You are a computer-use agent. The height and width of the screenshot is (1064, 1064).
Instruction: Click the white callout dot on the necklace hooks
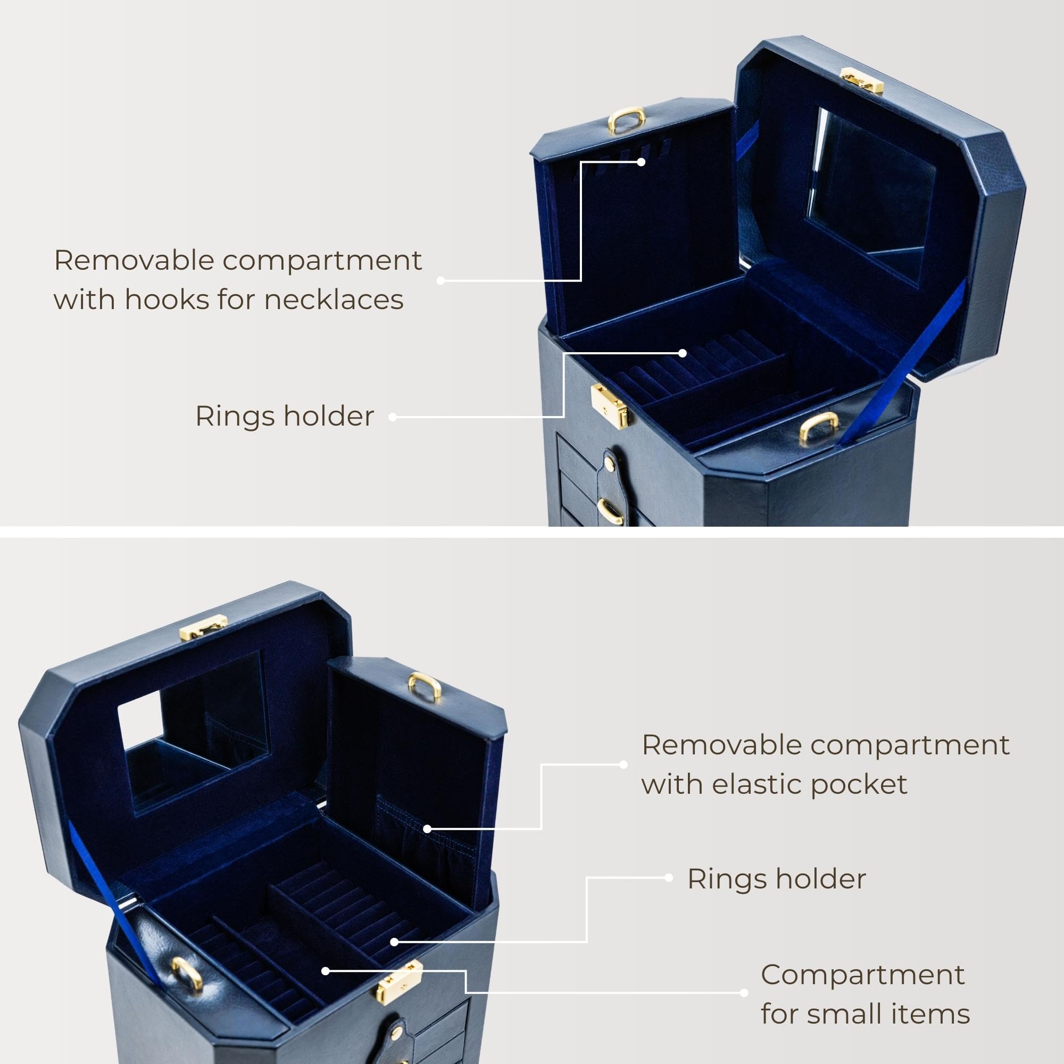click(641, 162)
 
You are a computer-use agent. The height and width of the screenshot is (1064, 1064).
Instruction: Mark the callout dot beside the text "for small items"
click(744, 993)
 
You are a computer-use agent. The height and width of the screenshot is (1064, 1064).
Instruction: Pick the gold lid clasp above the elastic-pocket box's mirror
click(203, 627)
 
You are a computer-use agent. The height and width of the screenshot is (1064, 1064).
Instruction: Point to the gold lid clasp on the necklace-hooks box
click(862, 80)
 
